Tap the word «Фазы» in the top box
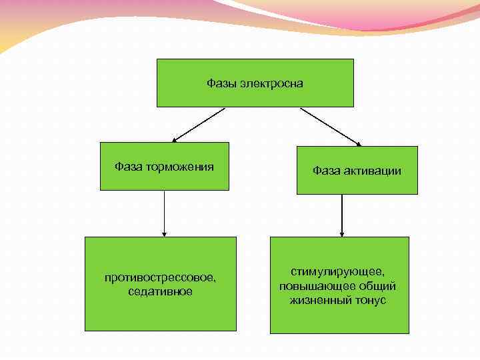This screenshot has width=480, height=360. click(219, 84)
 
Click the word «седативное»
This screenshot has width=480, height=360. click(161, 291)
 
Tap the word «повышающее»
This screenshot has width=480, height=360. click(317, 286)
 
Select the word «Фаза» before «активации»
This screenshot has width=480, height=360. click(327, 171)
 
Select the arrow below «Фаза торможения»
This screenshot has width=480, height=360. click(164, 213)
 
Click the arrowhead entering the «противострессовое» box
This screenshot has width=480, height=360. click(164, 233)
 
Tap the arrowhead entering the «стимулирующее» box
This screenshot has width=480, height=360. click(342, 234)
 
